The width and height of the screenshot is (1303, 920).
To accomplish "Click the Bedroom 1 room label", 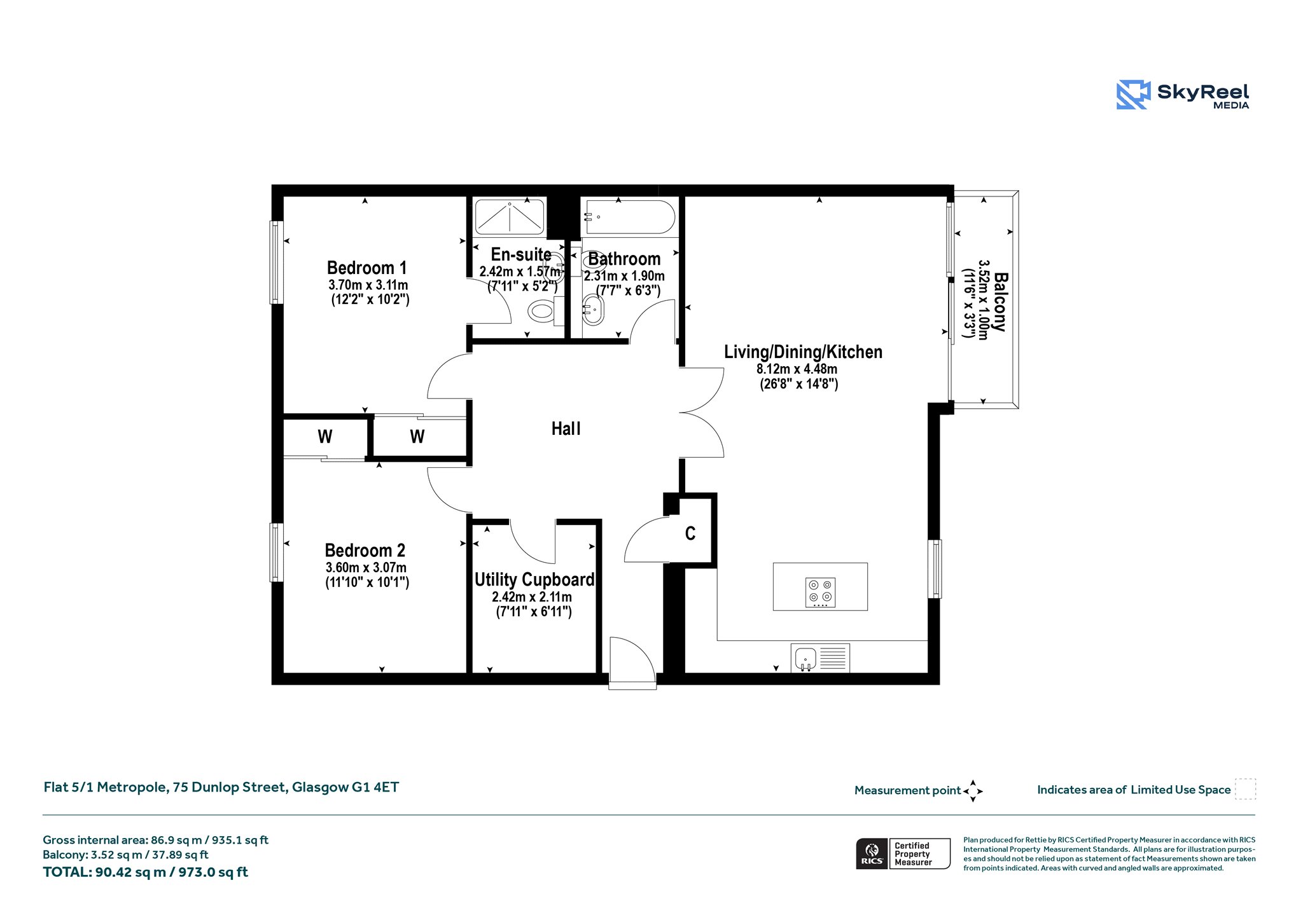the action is click(x=366, y=268).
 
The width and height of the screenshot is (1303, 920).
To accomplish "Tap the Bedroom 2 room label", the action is click(x=365, y=550).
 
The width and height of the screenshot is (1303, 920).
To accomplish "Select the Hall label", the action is click(x=566, y=429).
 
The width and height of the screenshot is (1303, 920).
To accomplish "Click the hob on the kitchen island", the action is click(x=820, y=593).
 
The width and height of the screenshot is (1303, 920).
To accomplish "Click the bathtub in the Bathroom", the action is click(x=630, y=217).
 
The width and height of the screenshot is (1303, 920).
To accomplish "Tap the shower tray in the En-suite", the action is click(x=510, y=217).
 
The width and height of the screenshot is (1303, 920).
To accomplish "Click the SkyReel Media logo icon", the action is click(x=1133, y=95).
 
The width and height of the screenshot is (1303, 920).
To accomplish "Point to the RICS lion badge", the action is click(x=872, y=853).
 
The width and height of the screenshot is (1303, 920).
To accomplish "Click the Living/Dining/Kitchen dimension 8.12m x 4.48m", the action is click(x=797, y=369).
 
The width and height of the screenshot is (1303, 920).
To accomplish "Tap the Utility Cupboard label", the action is click(x=534, y=579).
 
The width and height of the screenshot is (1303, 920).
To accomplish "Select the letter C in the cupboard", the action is click(x=690, y=533).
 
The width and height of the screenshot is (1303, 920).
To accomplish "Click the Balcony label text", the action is click(x=1000, y=302).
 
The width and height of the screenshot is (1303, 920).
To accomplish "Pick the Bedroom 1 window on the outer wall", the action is click(x=276, y=262).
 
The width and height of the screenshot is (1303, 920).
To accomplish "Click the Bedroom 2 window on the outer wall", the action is click(x=276, y=552).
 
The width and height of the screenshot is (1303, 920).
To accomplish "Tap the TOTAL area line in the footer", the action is click(x=145, y=872).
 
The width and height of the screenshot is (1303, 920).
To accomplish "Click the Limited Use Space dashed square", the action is click(x=1245, y=789).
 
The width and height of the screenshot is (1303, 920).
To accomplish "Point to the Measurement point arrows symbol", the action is click(x=973, y=791).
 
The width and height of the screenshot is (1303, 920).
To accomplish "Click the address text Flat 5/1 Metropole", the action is click(x=106, y=787).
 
